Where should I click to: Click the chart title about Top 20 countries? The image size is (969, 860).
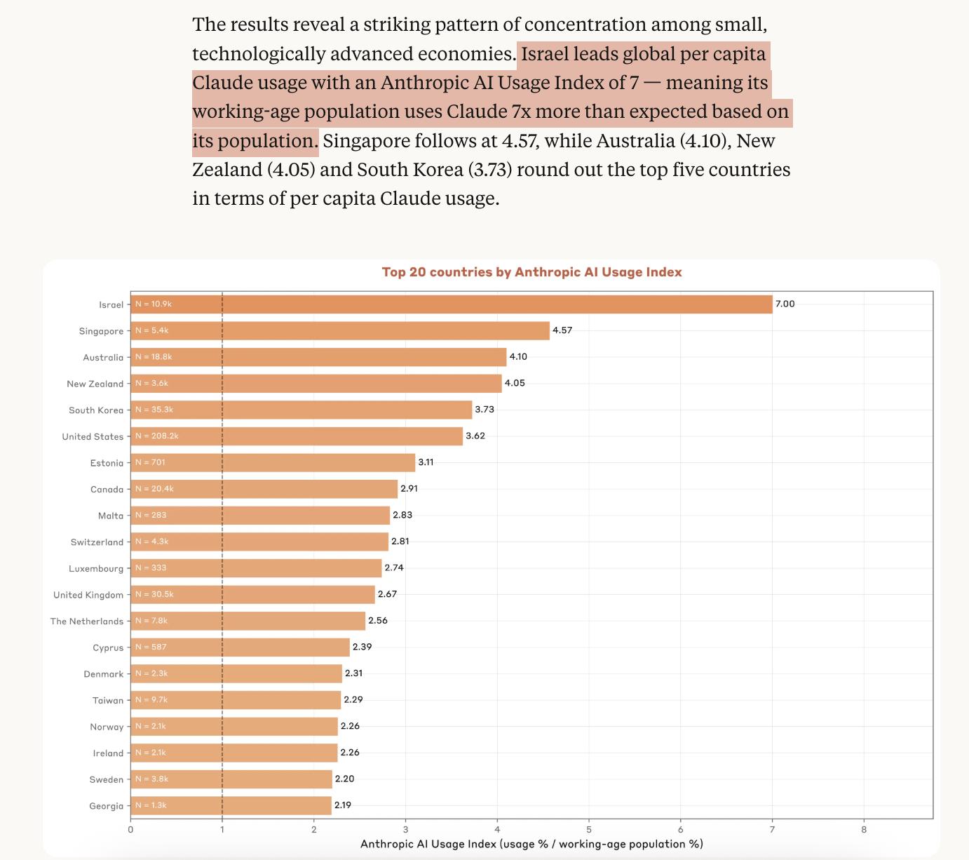coord(531,272)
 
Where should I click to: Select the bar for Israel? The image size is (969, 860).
coord(451,304)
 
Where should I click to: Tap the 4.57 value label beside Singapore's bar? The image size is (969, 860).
coord(562,330)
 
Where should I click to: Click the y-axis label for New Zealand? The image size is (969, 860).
coord(95,384)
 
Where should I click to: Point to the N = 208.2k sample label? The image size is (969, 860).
coord(157,436)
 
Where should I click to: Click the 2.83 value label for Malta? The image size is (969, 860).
coord(402,515)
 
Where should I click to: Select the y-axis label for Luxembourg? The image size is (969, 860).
coord(96,569)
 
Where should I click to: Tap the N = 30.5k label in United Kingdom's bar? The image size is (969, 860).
coord(154,594)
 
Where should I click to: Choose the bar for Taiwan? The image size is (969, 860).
coord(236,700)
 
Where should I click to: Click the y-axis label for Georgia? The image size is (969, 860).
coord(106,806)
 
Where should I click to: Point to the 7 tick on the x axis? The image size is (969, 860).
coord(772,830)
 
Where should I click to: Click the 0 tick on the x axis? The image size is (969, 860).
coord(130,830)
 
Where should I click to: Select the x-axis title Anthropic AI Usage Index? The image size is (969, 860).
coord(531,844)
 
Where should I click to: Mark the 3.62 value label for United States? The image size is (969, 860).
coord(475,436)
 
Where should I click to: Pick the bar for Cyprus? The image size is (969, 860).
coord(240,647)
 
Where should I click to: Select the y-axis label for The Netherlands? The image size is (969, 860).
coord(87,622)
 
